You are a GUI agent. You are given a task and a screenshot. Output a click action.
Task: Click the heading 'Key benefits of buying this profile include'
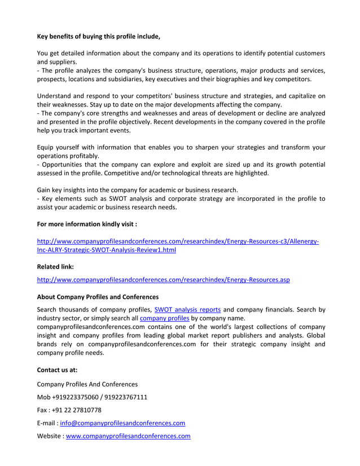99,37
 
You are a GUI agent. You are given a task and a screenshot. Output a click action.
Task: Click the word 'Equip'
47,147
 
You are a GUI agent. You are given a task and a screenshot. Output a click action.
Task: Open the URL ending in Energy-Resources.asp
163,280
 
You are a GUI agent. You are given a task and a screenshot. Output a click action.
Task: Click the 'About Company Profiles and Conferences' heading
98,297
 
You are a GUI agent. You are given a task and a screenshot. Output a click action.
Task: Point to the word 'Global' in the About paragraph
314,336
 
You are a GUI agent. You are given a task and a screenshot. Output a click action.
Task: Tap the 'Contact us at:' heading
57,370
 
